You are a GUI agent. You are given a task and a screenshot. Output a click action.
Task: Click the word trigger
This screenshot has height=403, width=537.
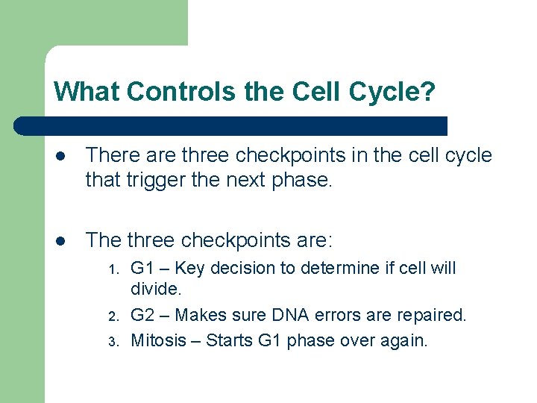148,179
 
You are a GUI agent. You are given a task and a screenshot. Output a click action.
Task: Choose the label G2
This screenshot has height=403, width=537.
142,315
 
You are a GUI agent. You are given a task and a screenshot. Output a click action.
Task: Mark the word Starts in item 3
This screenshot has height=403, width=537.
228,340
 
